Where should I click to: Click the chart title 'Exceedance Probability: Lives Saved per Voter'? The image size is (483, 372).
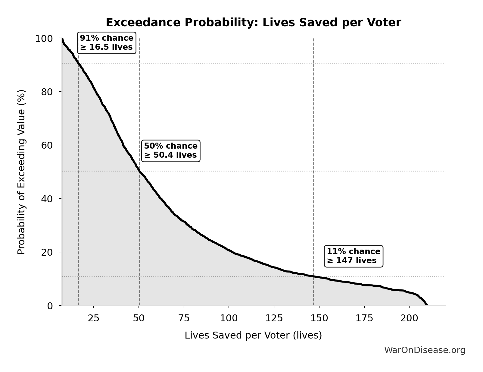coord(253,23)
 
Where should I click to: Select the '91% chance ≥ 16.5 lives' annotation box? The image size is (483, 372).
coord(107,43)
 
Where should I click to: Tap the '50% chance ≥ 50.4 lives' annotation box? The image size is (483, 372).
coord(170,150)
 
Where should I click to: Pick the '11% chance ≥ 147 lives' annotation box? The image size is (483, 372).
coord(353,256)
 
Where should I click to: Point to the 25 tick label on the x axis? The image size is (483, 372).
coord(93,318)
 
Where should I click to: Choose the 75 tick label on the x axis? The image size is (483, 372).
coord(184,318)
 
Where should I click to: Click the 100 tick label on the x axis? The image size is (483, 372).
coord(229,318)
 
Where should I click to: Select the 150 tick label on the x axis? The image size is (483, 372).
coord(319,318)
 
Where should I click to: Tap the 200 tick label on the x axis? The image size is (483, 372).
coord(409,318)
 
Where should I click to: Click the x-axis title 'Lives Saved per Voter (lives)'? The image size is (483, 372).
coord(253,335)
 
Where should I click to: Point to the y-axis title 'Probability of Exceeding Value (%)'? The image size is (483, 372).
coord(21,172)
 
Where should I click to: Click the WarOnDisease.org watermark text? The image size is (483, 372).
coord(425,350)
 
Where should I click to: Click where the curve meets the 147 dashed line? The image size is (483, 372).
coord(313,276)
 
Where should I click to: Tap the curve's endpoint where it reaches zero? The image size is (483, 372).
coord(427,305)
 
